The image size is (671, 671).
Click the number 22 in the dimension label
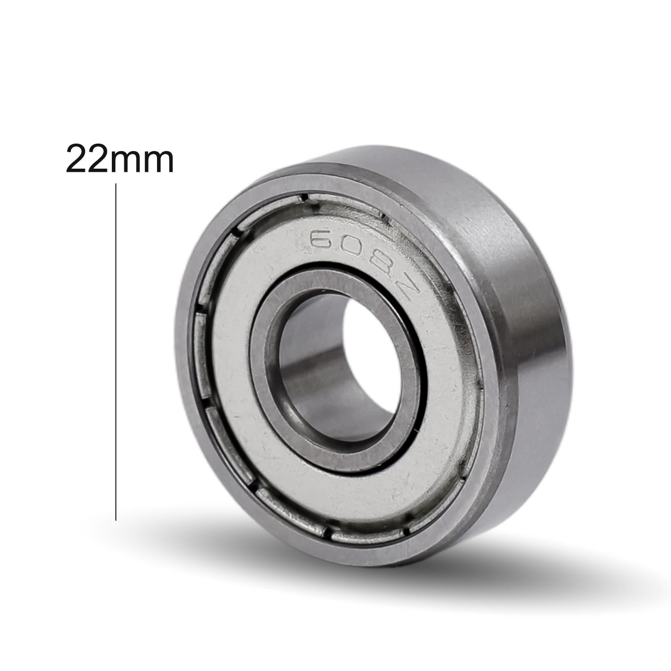[x=88, y=159]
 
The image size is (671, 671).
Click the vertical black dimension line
[x=116, y=349]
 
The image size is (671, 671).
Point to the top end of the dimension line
[x=116, y=184]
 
